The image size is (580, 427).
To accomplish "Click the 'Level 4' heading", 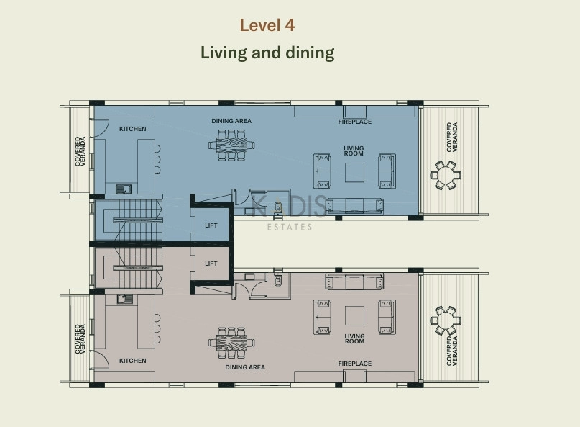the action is point(267,25).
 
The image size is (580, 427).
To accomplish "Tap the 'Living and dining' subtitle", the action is point(267,53).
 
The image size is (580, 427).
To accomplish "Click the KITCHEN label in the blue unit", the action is point(133,129).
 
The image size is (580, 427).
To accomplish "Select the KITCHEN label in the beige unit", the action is point(133,361).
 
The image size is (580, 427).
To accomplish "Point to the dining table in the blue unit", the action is point(231,145).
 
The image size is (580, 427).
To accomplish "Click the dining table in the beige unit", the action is point(231,343).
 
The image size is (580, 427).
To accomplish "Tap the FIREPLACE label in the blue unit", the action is point(355,122).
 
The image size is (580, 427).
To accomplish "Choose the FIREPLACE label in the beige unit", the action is point(355,364).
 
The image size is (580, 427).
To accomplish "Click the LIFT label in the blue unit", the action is point(211,225).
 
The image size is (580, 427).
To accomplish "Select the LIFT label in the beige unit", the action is point(211,264).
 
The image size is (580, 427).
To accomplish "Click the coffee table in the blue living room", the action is point(354,172).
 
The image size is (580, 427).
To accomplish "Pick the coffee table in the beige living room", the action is point(354,316).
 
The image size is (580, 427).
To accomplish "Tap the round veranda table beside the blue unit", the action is point(446,175).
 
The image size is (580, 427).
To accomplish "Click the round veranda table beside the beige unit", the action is point(446,320).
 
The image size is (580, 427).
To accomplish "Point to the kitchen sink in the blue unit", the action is point(124,189).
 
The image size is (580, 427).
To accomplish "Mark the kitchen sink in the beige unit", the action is point(124,299).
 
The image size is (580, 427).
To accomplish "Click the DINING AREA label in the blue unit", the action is point(231,121).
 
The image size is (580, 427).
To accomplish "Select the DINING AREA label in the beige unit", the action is point(245,367).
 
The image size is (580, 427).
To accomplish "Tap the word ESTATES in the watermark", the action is point(290,227).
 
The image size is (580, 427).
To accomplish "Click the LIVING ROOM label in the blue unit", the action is point(354,151).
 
